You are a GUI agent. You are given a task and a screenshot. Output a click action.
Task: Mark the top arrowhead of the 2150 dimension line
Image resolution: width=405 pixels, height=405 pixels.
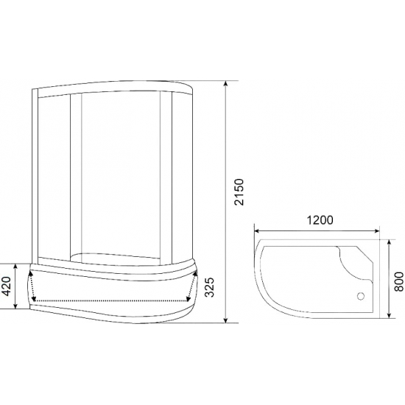coord(225,83)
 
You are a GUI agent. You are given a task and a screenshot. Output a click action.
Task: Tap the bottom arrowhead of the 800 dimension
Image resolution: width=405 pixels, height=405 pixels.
coord(389,317)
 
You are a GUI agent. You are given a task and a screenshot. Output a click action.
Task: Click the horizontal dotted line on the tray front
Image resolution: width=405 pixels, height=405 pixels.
coord(110,301)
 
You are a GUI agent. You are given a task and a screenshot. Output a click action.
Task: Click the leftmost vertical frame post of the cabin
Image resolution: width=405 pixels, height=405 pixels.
coord(35,177)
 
